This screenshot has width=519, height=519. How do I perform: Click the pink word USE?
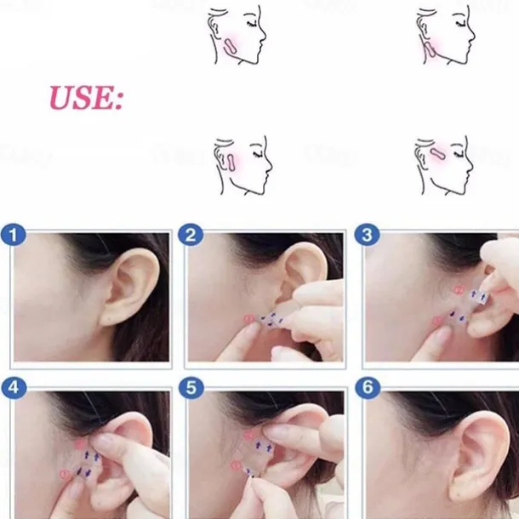pyautogui.click(x=86, y=98)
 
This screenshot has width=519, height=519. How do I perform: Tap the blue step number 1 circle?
pyautogui.click(x=14, y=236)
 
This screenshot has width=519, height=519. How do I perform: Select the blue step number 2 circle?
pyautogui.click(x=191, y=236)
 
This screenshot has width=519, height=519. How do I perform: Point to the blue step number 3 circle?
pyautogui.click(x=367, y=236)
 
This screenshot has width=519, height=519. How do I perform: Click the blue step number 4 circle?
pyautogui.click(x=14, y=387)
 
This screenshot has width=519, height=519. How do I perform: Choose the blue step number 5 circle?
pyautogui.click(x=191, y=387)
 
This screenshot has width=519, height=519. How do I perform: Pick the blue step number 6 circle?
pyautogui.click(x=368, y=387)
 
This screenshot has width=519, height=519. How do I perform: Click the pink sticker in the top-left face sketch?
pyautogui.click(x=230, y=47)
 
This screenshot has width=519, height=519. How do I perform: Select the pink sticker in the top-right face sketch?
pyautogui.click(x=430, y=49)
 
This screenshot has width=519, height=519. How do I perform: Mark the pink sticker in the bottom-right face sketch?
pyautogui.click(x=438, y=153)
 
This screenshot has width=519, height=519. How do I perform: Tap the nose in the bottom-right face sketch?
pyautogui.click(x=470, y=163)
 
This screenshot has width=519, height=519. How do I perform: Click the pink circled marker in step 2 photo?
pyautogui.click(x=248, y=319)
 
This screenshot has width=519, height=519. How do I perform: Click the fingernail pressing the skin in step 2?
pyautogui.click(x=254, y=328)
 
